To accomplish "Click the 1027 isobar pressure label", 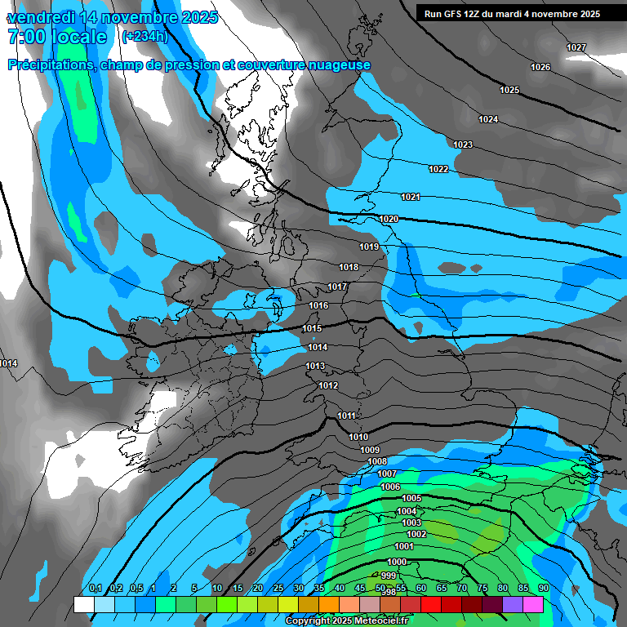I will pyautogui.click(x=576, y=47).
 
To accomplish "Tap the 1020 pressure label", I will pyautogui.click(x=389, y=220).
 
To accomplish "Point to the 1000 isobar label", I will pyautogui.click(x=397, y=562).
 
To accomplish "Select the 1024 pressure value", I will pyautogui.click(x=488, y=120).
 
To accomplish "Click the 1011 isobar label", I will pyautogui.click(x=347, y=416).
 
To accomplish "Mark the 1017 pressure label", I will pyautogui.click(x=337, y=287).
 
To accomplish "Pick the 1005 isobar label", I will pyautogui.click(x=411, y=498).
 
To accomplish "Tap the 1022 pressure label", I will pyautogui.click(x=438, y=170).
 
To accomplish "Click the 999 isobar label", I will pyautogui.click(x=389, y=576).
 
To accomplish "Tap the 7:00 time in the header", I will pyautogui.click(x=24, y=37).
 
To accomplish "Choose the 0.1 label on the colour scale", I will pyautogui.click(x=95, y=589).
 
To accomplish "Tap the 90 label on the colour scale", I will pyautogui.click(x=543, y=589).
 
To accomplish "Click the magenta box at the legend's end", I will pyautogui.click(x=532, y=604).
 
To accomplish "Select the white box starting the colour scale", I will pyautogui.click(x=83, y=604).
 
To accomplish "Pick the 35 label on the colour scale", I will pyautogui.click(x=318, y=589).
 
